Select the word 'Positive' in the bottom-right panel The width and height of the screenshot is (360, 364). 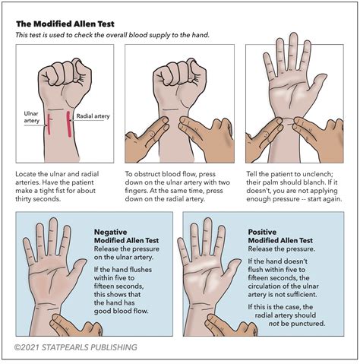(x=264, y=230)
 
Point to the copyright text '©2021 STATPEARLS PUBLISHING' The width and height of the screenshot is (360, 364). (x=76, y=348)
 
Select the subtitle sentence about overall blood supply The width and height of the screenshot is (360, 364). (x=115, y=36)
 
